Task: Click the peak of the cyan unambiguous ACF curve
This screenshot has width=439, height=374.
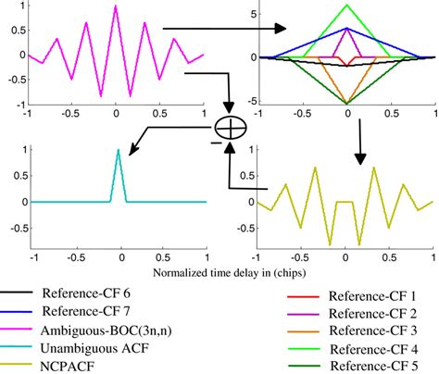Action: [118, 151]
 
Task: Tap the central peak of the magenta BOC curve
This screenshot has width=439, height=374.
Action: [115, 6]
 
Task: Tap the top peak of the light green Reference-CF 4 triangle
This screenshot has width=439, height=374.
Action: [347, 6]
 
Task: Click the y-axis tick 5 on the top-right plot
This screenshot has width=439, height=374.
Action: [254, 14]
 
